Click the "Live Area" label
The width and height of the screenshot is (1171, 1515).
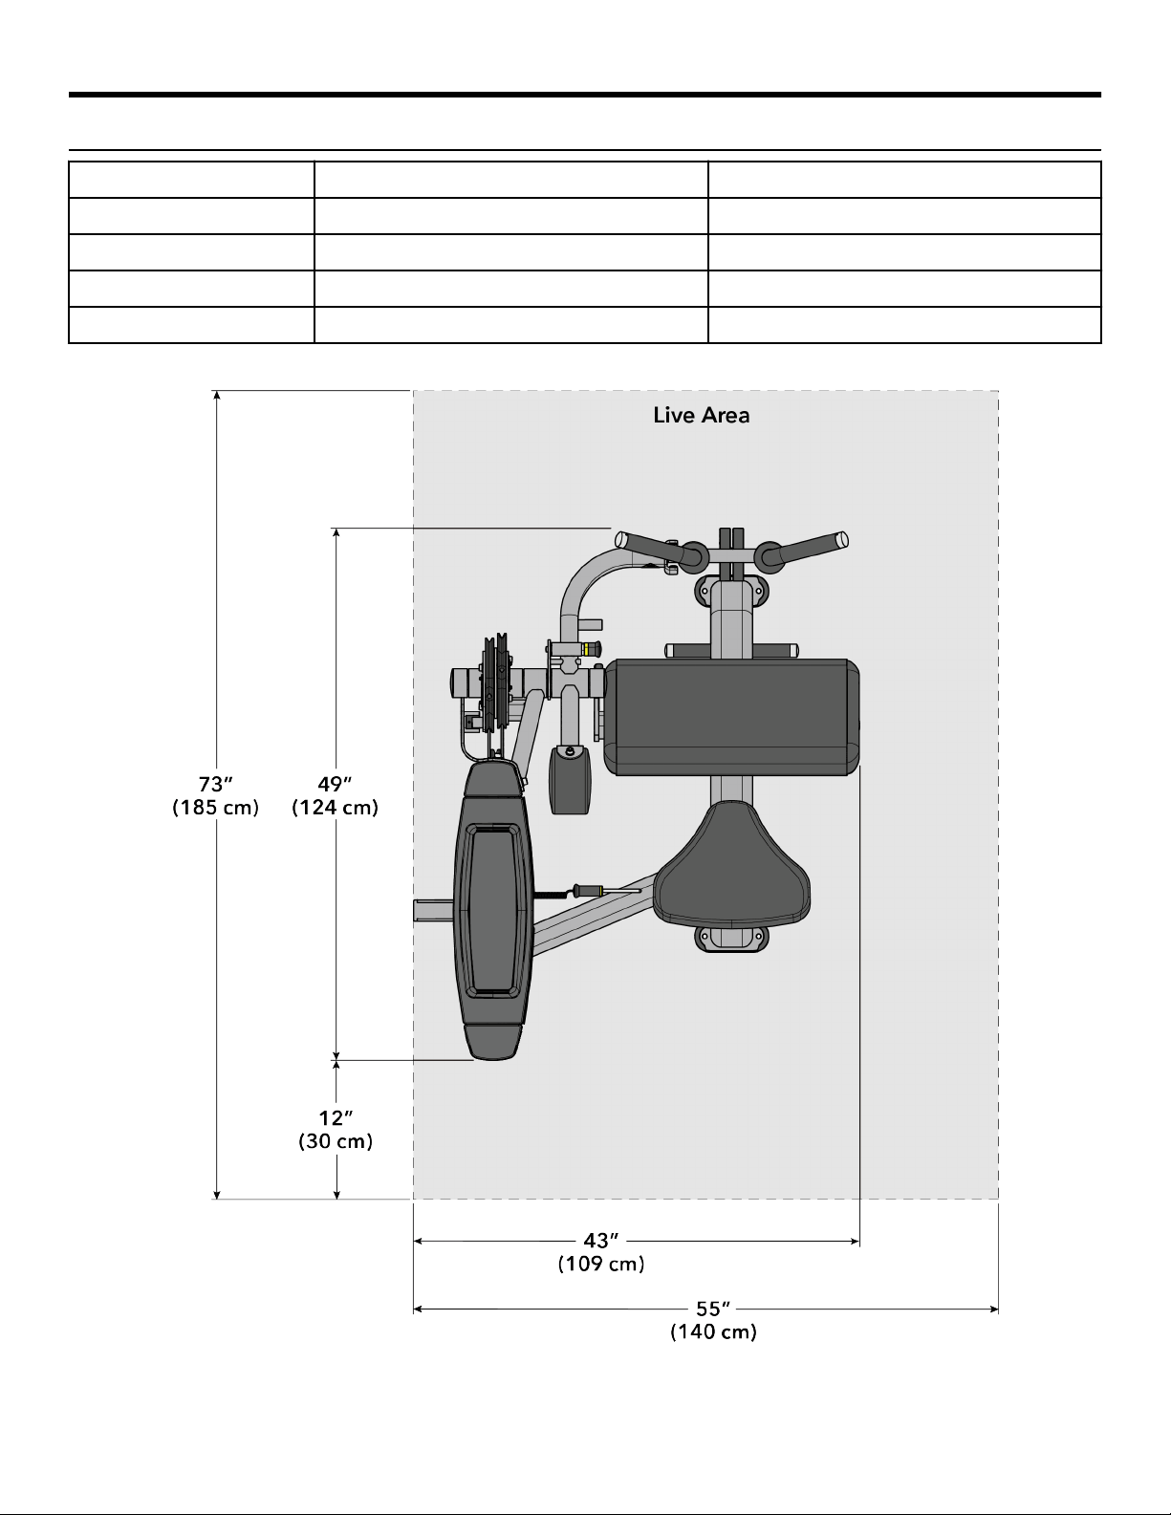coord(702,416)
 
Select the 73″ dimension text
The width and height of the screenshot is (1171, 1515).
coord(215,785)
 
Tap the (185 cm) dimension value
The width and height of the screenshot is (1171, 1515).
coord(215,808)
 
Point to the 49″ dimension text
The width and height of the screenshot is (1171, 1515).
coord(335,785)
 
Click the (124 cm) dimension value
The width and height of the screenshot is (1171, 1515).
coord(335,808)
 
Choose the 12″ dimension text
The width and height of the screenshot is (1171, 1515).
coord(336,1118)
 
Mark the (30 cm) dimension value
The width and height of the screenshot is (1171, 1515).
coord(336,1141)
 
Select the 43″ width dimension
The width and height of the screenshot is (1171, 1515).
coord(601,1241)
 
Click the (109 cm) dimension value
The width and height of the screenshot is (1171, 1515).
coord(601,1264)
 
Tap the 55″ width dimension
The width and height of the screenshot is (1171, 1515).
coord(713,1309)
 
